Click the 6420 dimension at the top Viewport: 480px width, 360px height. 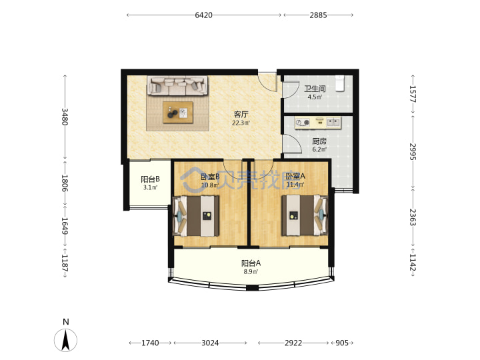click(x=203, y=15)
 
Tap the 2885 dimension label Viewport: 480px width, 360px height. click(x=318, y=15)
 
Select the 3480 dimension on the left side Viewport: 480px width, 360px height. click(x=65, y=117)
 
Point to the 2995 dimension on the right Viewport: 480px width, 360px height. click(x=413, y=151)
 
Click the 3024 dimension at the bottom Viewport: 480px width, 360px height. click(x=210, y=343)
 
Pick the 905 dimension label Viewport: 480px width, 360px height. click(x=342, y=343)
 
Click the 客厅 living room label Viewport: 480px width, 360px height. click(x=241, y=114)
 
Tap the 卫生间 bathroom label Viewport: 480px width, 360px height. click(x=315, y=89)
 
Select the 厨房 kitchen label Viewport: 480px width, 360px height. click(x=319, y=141)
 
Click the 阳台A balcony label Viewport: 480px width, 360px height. click(x=251, y=263)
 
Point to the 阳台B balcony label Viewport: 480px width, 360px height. click(x=150, y=179)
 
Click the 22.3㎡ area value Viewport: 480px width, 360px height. click(x=241, y=123)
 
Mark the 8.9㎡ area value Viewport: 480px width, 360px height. click(x=251, y=271)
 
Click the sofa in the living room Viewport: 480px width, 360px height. click(x=177, y=86)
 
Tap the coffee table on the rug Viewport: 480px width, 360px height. click(x=178, y=113)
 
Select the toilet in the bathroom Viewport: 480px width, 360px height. click(x=340, y=83)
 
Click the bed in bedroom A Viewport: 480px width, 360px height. click(x=305, y=215)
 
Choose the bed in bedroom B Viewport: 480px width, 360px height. click(x=196, y=216)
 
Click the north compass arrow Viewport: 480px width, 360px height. click(x=65, y=340)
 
